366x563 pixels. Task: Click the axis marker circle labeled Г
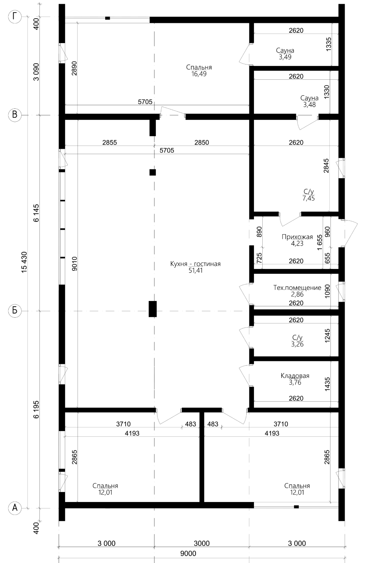tap(15, 17)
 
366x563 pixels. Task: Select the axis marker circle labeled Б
tap(15, 310)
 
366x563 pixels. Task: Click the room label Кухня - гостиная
tap(195, 264)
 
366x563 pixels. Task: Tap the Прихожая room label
tap(297, 237)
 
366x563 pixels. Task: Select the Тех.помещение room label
tap(297, 288)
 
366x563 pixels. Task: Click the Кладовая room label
tap(295, 376)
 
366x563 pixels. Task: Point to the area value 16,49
tap(199, 74)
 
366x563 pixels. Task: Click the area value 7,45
tap(308, 198)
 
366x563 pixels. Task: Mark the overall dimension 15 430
tap(24, 262)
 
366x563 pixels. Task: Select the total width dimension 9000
tap(188, 553)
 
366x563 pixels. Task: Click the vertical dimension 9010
tap(74, 264)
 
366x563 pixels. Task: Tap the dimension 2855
tap(109, 143)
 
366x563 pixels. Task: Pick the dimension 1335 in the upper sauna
tap(328, 44)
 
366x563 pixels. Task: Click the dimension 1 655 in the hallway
tap(319, 242)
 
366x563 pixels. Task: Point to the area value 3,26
tap(297, 344)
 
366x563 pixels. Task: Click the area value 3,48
tap(309, 105)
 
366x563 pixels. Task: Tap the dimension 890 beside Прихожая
tap(259, 232)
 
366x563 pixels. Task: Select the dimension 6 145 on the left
tap(36, 212)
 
